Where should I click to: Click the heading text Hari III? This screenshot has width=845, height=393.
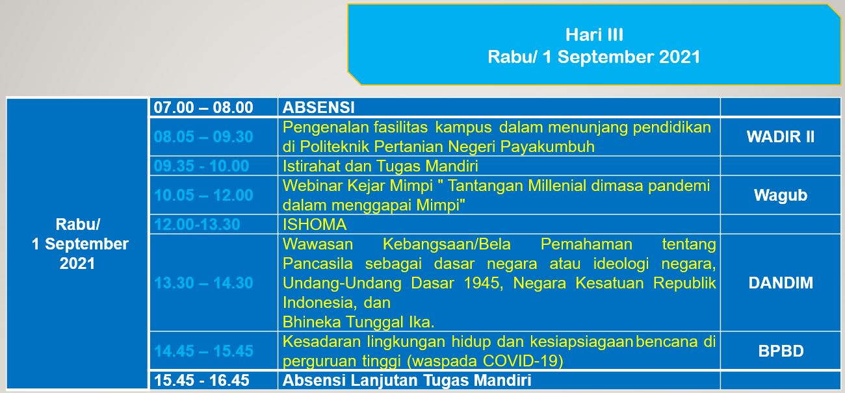click(x=594, y=35)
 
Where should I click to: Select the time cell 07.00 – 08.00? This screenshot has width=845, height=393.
click(x=203, y=107)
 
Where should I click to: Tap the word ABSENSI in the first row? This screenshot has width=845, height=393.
click(x=318, y=107)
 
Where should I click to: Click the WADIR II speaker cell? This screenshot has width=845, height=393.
click(x=781, y=136)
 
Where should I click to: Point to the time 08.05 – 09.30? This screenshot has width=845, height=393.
click(x=203, y=136)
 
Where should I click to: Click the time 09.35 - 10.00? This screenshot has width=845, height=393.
click(x=201, y=166)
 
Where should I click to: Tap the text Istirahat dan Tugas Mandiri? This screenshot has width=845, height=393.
click(x=380, y=166)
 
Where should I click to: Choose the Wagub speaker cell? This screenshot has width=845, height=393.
click(x=781, y=196)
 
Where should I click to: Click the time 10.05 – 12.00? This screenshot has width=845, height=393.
click(x=203, y=196)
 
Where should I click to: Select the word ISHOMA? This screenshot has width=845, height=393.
click(x=314, y=224)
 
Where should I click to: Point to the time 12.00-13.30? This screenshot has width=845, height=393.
click(x=197, y=224)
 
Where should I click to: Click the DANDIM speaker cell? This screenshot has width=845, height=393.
click(x=781, y=283)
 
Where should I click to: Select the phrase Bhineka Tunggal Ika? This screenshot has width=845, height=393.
click(x=358, y=322)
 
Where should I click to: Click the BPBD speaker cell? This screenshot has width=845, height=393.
click(x=781, y=351)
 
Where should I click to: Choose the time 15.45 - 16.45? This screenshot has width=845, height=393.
click(x=201, y=380)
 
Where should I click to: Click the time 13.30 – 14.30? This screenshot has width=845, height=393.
click(x=203, y=283)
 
